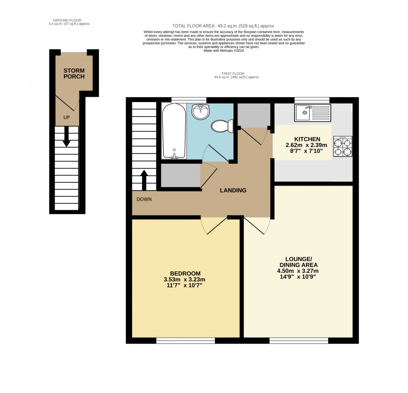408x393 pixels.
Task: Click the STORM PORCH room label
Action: tap(74, 74)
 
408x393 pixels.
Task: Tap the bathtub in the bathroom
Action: tap(174, 131)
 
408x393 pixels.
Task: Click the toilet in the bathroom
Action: tap(222, 126)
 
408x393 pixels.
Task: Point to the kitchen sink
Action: tap(312, 113)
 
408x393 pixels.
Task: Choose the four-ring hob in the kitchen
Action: tap(342, 147)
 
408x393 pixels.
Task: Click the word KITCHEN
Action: tap(307, 139)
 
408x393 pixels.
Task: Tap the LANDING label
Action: tap(233, 191)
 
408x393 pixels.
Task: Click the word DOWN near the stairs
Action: tap(144, 199)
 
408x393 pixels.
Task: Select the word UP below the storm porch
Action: tap(67, 118)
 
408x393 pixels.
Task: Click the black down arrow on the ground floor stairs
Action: tap(67, 137)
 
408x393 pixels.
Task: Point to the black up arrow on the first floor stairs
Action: tap(144, 180)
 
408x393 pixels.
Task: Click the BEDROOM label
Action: tap(185, 274)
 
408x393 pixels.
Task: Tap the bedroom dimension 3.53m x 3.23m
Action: tap(185, 280)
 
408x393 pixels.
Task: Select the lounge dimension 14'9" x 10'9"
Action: tap(298, 276)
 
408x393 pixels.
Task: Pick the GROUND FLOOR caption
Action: tap(67, 20)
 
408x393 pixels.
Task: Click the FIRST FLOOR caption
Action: tap(233, 74)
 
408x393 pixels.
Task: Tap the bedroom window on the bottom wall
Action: tap(185, 340)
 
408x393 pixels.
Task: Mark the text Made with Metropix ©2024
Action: tap(224, 51)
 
